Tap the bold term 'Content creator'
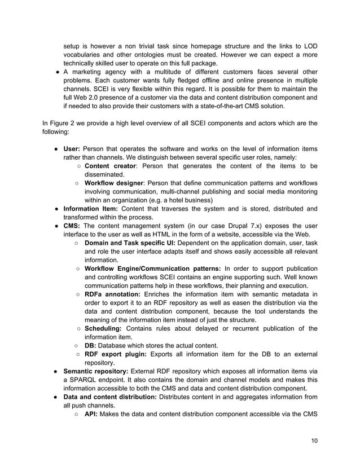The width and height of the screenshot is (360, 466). pos(109,166)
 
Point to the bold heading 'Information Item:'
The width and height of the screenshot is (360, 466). pos(86,209)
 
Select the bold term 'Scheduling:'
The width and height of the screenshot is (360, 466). pos(105,328)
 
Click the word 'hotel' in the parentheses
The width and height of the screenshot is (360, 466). pos(170,200)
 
